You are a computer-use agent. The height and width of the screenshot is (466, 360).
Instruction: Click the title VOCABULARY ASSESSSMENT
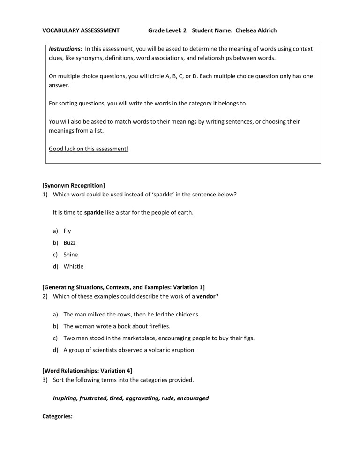[81, 30]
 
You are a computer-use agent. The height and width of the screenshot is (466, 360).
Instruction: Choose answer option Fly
[67, 231]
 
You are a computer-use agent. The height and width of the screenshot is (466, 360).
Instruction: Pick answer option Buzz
[69, 243]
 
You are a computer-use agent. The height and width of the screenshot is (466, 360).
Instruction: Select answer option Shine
[71, 255]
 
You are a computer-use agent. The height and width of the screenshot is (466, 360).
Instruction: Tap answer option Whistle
[74, 266]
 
